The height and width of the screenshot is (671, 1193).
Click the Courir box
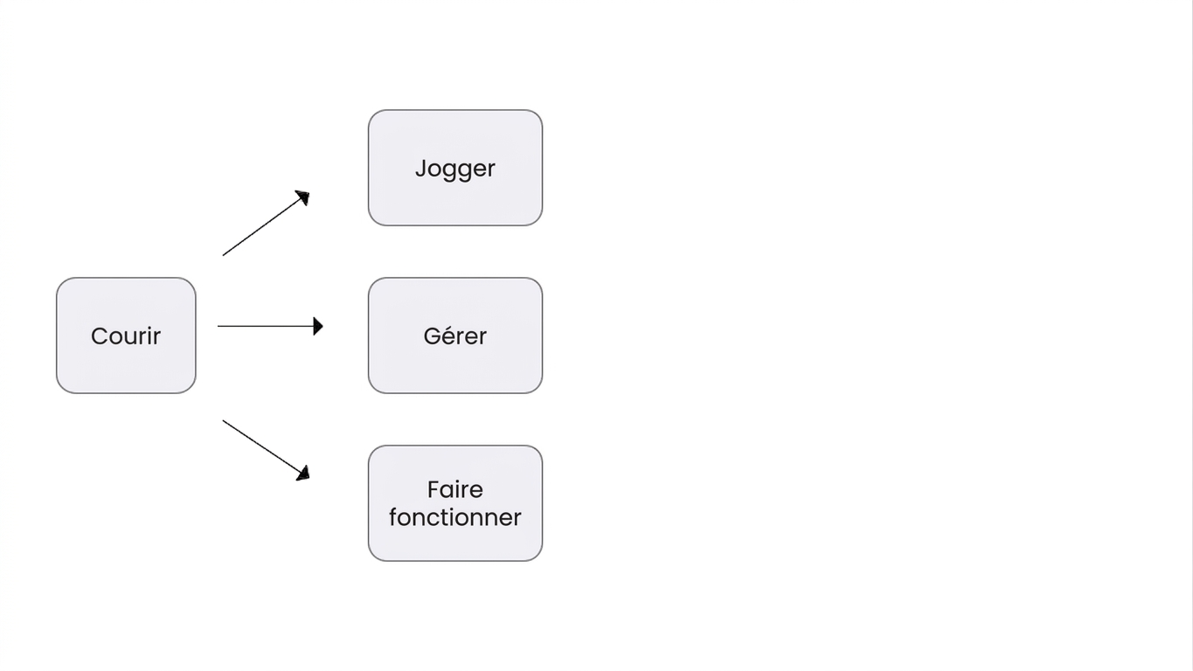[x=126, y=335]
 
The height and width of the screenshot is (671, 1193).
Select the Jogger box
[x=455, y=168]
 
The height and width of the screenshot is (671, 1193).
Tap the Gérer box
[x=455, y=335]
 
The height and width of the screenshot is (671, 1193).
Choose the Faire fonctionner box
[x=455, y=503]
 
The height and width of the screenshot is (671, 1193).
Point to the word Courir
[x=126, y=336]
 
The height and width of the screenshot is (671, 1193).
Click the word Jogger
[x=455, y=169]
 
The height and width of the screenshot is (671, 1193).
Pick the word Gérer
[x=455, y=336]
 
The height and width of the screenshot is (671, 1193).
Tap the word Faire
[x=455, y=490]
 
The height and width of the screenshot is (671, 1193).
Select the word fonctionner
[x=455, y=517]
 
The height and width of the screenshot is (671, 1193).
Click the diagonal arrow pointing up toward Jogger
[x=266, y=223]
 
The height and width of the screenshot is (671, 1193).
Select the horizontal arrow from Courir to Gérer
[x=270, y=326]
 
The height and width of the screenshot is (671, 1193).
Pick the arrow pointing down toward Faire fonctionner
[x=266, y=451]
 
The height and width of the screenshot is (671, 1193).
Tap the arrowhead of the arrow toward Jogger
[x=303, y=197]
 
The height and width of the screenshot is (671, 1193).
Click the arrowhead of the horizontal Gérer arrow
[x=318, y=327]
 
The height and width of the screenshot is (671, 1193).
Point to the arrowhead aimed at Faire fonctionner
[x=303, y=474]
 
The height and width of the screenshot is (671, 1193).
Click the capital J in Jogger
[x=420, y=169]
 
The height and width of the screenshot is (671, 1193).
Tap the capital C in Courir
[x=99, y=336]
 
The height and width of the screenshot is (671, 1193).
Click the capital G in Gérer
[x=432, y=336]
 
